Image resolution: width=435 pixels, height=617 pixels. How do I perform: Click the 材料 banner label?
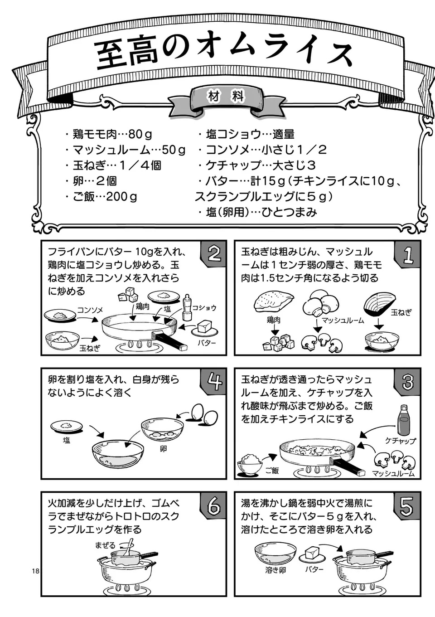(x=226, y=97)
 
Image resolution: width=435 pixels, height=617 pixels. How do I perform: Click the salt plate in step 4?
(x=66, y=427)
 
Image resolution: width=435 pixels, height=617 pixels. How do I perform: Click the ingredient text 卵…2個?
(x=92, y=181)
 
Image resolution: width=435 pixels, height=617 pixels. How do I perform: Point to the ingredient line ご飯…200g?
(x=101, y=197)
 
